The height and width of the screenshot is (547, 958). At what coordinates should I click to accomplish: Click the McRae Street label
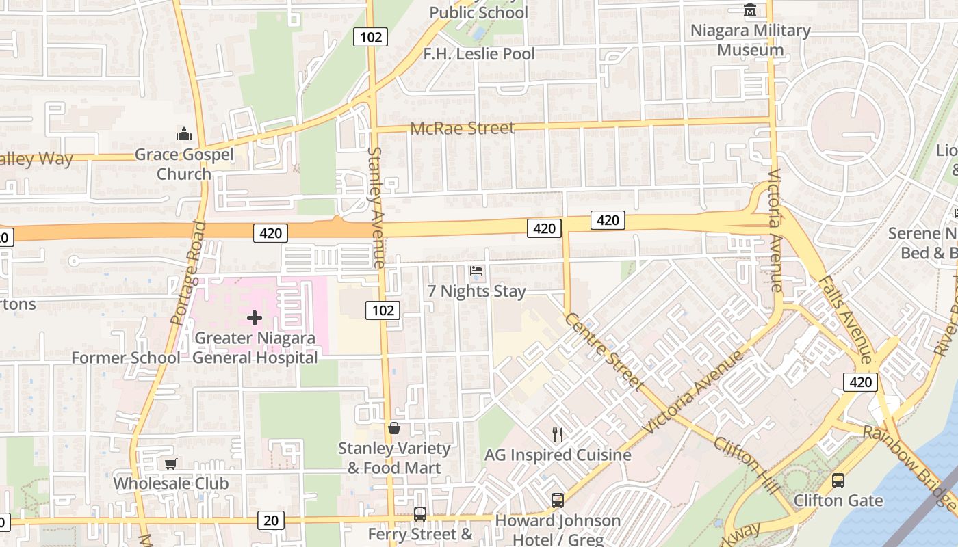pos(462,128)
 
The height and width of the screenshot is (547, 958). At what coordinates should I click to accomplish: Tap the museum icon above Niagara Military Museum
pos(751,10)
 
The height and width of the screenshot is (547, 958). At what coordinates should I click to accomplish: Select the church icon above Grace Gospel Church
pos(183,133)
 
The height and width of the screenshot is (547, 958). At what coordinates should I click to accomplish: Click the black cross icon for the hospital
pos(255,318)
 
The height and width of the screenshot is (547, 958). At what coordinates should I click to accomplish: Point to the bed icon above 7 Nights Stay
pos(476,271)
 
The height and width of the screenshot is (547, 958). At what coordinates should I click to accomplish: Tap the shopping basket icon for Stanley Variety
pos(394,429)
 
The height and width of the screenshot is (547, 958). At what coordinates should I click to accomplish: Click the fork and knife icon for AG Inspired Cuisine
pos(558,434)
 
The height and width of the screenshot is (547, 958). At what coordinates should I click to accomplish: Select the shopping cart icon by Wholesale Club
pos(170,464)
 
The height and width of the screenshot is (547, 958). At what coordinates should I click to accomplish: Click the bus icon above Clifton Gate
pos(838,480)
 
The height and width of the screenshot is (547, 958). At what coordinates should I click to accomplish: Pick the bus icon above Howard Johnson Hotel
pos(558,500)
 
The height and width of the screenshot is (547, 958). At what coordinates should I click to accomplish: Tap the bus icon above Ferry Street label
pos(420,513)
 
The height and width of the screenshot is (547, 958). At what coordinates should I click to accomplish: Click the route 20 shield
pos(271,520)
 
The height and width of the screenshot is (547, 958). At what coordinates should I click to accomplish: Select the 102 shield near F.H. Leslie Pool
pos(370,37)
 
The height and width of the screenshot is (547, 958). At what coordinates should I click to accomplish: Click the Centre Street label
pos(604,352)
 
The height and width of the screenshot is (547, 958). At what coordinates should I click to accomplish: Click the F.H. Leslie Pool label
pos(479,54)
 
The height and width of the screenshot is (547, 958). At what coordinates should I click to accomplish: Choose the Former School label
pos(126,358)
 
